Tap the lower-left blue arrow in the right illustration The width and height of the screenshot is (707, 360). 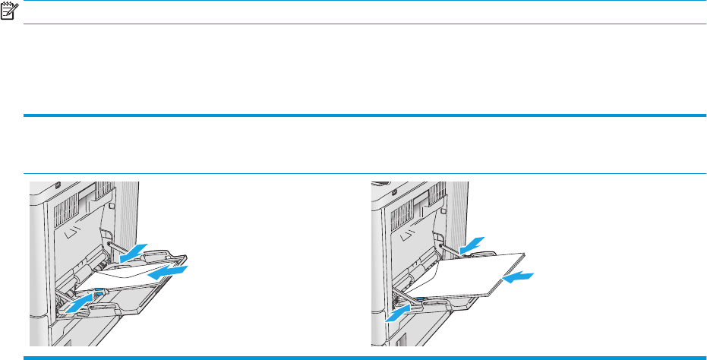tap(401, 311)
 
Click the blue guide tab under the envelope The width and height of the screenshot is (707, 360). tap(99, 292)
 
